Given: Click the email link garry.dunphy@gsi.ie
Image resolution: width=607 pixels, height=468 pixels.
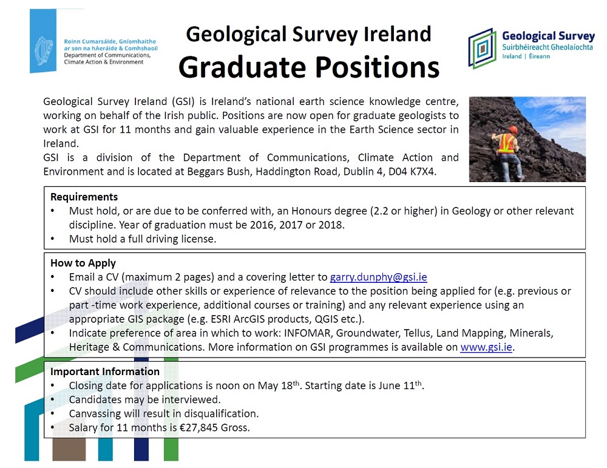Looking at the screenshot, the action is click(378, 277).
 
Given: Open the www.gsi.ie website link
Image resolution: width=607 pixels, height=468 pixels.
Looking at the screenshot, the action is click(486, 347).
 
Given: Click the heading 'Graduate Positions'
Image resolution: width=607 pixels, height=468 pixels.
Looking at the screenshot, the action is click(309, 67).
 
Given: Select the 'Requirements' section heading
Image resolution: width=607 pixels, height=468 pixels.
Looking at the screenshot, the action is click(84, 197).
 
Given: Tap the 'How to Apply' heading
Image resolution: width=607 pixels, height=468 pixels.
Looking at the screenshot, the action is click(83, 263).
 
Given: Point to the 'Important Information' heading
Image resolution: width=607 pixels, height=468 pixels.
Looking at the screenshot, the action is click(105, 371).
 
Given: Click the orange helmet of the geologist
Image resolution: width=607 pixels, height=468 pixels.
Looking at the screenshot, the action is click(514, 129).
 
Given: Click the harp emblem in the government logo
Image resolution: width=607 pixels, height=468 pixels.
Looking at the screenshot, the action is click(44, 52).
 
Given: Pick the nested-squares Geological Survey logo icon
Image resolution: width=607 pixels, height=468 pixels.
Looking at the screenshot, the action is click(482, 49).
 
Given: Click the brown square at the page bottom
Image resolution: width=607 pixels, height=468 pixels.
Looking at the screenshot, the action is click(69, 449).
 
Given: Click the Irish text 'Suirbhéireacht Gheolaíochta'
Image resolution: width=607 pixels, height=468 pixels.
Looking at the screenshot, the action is click(548, 47).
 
